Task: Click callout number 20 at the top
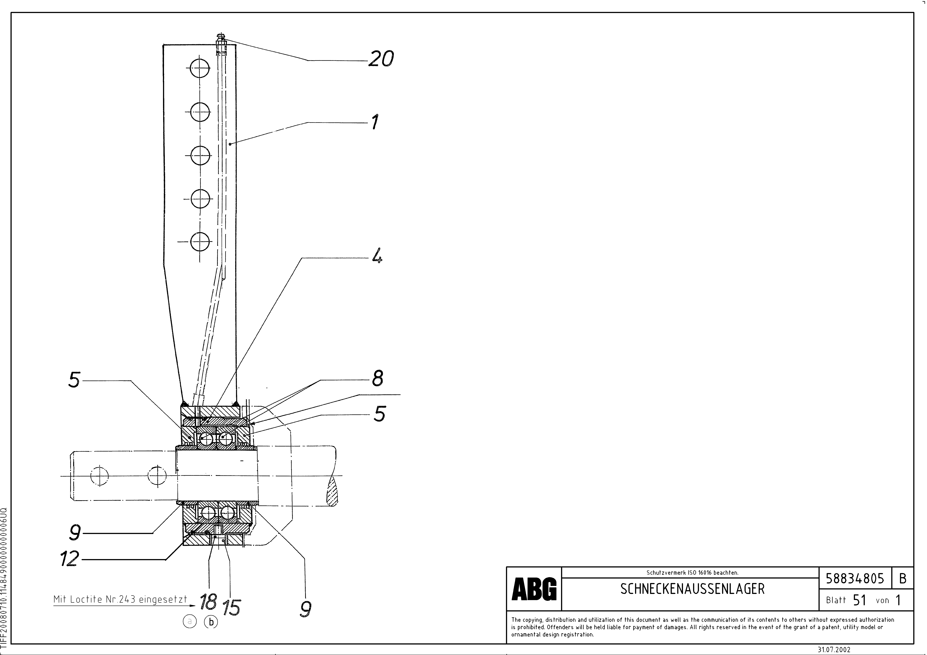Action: pyautogui.click(x=381, y=59)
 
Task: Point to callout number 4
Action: pyautogui.click(x=377, y=256)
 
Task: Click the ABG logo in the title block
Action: pyautogui.click(x=534, y=589)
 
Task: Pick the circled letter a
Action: pyautogui.click(x=189, y=622)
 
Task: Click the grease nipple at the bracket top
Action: pyautogui.click(x=220, y=39)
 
